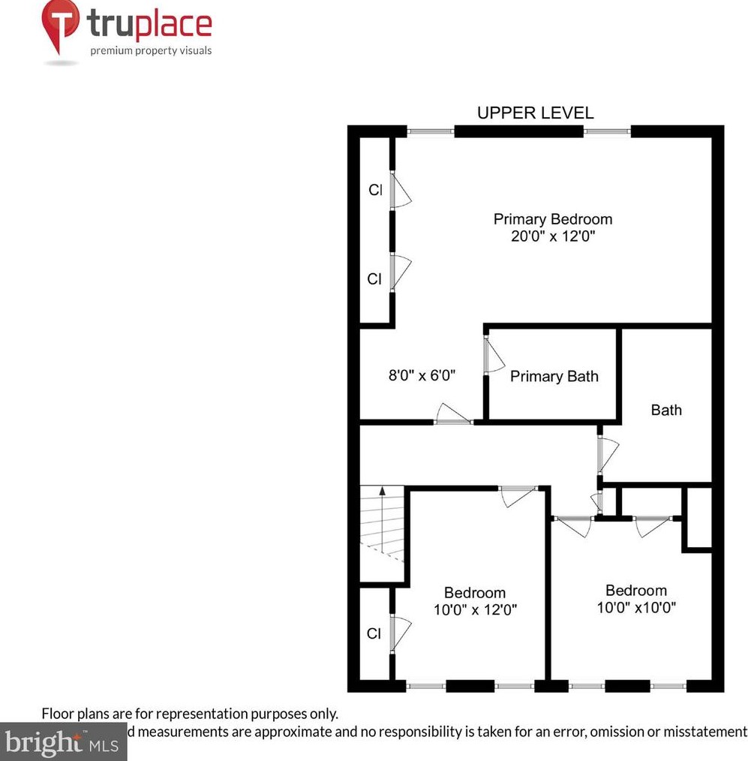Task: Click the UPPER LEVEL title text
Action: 535,113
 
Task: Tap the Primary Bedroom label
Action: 552,219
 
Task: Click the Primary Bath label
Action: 554,377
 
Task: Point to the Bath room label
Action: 666,410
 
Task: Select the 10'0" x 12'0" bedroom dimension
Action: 475,609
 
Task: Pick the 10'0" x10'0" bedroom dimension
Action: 636,607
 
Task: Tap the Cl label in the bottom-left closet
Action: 374,634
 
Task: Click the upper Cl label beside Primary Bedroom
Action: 374,191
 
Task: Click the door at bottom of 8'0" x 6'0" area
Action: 452,414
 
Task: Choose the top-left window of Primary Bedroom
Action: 431,131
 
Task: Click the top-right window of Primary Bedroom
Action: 607,131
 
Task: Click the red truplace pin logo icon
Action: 59,26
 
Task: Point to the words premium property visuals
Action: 151,51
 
